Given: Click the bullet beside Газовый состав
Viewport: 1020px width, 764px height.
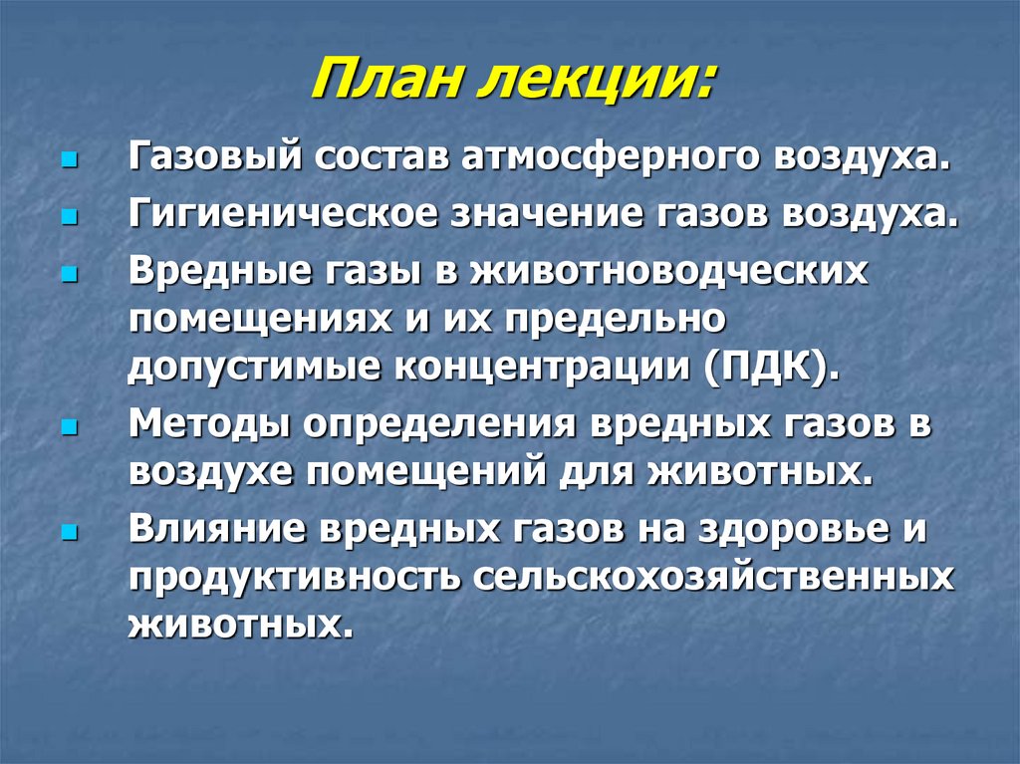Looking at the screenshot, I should pos(68,159).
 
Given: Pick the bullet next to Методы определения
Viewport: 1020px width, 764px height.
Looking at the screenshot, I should pos(68,426).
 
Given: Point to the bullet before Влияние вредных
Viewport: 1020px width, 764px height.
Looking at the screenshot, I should pos(68,531).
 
